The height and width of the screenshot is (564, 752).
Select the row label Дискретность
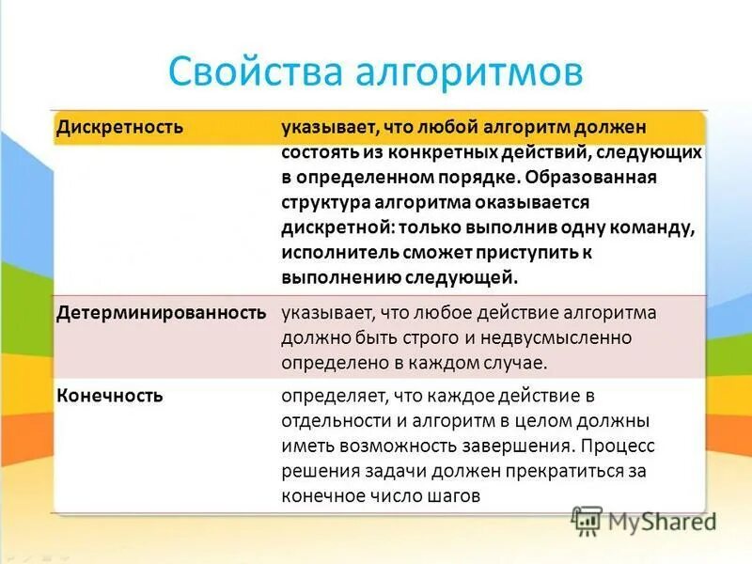point(119,126)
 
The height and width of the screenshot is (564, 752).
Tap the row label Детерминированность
point(162,312)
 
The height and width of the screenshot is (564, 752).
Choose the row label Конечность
point(110,396)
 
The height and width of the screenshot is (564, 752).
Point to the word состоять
point(318,151)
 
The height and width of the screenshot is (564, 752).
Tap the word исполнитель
point(340,253)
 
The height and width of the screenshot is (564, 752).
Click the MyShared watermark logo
point(645,521)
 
